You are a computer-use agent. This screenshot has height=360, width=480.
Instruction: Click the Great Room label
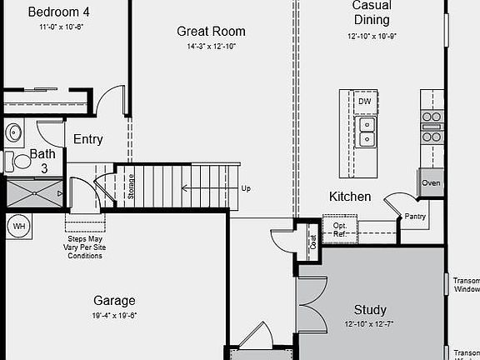pyautogui.click(x=211, y=32)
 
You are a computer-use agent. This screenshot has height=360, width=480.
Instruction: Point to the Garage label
pyautogui.click(x=114, y=301)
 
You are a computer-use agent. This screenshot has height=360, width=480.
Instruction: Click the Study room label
pyautogui.click(x=370, y=309)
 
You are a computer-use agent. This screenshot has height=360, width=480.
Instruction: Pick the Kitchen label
pyautogui.click(x=350, y=197)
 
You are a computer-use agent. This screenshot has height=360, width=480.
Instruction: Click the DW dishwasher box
pyautogui.click(x=364, y=102)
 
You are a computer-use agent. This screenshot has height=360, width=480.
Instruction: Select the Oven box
pyautogui.click(x=431, y=183)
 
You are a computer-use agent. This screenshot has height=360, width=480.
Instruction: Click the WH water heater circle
pyautogui.click(x=18, y=226)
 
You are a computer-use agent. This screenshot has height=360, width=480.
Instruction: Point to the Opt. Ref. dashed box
pyautogui.click(x=340, y=229)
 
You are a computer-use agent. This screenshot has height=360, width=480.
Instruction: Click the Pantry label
pyautogui.click(x=415, y=217)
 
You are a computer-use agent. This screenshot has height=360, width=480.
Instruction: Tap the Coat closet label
pyautogui.click(x=313, y=242)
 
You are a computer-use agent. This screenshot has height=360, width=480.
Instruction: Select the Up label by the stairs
pyautogui.click(x=246, y=188)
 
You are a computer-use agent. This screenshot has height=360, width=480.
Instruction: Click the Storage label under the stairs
pyautogui.click(x=131, y=185)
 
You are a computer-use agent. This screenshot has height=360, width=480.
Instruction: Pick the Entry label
pyautogui.click(x=87, y=139)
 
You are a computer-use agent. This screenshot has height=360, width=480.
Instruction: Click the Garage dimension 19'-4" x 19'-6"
pyautogui.click(x=114, y=316)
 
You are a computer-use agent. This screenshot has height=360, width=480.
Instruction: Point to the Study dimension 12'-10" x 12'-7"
pyautogui.click(x=370, y=324)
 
